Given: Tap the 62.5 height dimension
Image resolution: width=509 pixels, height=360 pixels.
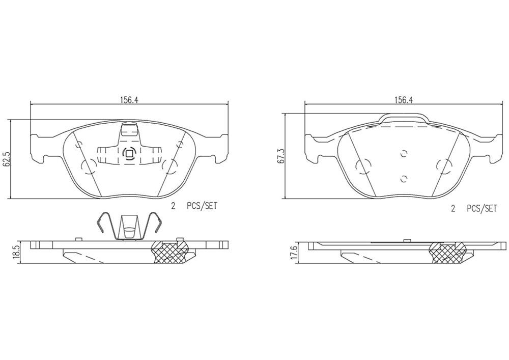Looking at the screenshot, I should pyautogui.click(x=7, y=159).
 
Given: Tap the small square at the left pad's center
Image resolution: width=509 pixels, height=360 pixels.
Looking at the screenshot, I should pyautogui.click(x=129, y=153).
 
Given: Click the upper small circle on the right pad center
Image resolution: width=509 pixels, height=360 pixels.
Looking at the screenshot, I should pyautogui.click(x=404, y=154).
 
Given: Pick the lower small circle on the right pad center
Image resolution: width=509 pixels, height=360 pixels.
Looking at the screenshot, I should pyautogui.click(x=404, y=178).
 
